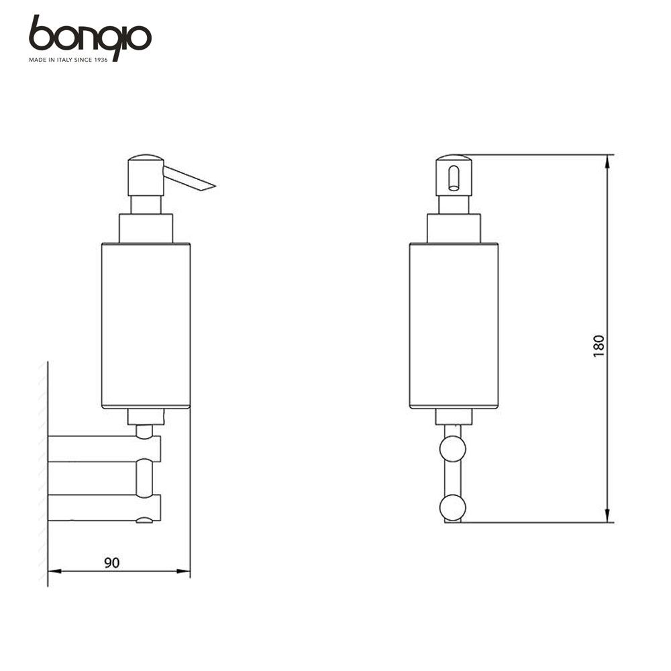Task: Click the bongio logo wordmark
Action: tap(90, 36)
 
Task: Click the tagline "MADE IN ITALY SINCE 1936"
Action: tap(68, 60)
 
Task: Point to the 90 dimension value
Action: tap(112, 563)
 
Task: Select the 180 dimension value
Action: tap(599, 346)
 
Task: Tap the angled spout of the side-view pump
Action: tap(189, 178)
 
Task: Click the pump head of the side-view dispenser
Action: tap(146, 175)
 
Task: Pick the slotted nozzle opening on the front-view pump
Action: tap(453, 178)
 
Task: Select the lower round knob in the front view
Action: tap(453, 507)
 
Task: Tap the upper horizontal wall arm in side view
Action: tap(104, 449)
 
